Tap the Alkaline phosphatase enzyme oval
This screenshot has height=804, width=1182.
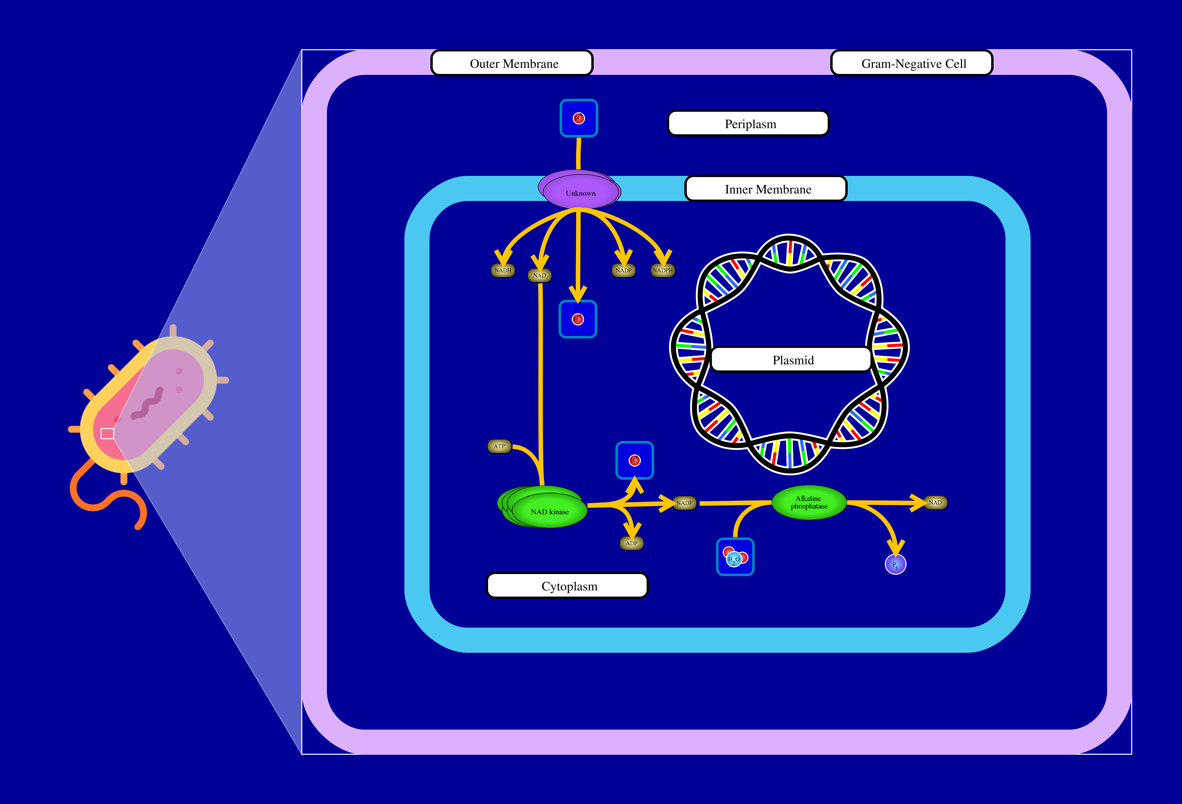coord(809,503)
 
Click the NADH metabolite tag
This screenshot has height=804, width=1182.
coord(502,270)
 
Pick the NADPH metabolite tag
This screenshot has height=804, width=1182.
coord(662,270)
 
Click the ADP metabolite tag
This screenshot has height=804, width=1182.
coord(631,543)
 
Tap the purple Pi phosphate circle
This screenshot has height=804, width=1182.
coord(895,564)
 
